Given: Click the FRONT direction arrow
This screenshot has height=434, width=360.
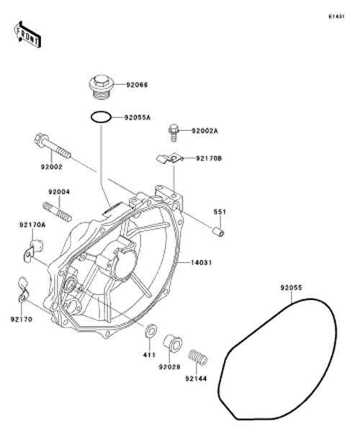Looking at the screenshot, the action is (27, 35).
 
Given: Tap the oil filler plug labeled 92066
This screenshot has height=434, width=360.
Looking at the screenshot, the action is (102, 86).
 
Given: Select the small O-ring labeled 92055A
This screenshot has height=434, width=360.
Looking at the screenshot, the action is (102, 117).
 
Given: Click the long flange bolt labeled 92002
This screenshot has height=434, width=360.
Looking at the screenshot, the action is (53, 146).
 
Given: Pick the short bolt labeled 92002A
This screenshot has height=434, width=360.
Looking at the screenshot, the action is (173, 132).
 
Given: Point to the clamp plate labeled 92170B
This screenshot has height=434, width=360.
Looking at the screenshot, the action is (170, 159).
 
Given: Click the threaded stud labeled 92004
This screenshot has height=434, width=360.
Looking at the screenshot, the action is (58, 212).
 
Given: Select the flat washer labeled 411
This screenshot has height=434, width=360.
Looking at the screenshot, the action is (150, 330).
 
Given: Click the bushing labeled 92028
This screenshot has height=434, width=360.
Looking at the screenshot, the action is (173, 343).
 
